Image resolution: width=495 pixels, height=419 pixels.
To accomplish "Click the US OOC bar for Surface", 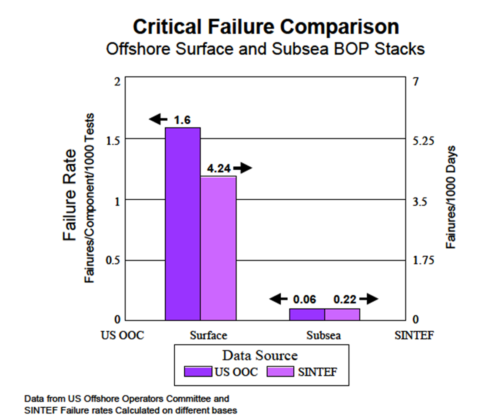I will [x=183, y=224].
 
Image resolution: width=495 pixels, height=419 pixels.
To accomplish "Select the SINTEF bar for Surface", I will [x=218, y=248].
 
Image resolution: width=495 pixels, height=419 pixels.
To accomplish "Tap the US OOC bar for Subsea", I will [x=307, y=314].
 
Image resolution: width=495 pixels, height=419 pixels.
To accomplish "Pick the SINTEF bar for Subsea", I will [x=342, y=314].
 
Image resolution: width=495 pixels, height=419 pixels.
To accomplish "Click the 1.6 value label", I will [x=183, y=120].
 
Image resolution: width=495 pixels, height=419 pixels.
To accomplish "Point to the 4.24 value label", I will [x=219, y=168].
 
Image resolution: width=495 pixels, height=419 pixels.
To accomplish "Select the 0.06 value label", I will [x=305, y=299].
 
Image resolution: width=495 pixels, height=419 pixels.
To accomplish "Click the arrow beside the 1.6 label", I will [x=158, y=119].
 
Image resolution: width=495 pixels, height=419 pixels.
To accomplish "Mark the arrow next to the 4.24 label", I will [x=243, y=168].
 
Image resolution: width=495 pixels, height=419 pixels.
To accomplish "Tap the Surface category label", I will [x=209, y=336].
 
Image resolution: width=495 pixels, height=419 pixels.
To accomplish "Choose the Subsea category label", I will [x=324, y=336].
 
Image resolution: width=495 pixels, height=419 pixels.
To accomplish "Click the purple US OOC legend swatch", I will [x=198, y=372].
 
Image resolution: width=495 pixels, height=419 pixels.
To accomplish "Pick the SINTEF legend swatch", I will [x=281, y=372].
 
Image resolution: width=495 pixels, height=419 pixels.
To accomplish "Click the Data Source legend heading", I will [x=260, y=356].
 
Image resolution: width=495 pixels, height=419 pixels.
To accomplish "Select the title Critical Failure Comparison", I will [x=266, y=27].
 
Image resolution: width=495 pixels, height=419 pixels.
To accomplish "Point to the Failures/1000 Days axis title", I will [x=452, y=198].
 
